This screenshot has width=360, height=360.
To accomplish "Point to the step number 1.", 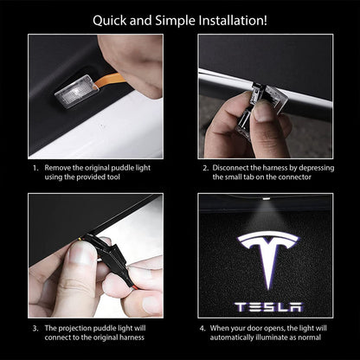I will coord(35,167).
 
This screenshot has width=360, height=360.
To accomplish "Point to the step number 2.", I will coord(206,167).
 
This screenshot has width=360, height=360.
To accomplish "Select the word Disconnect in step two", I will coord(233,167).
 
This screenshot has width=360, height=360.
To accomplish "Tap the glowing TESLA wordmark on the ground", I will coord(268,306).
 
